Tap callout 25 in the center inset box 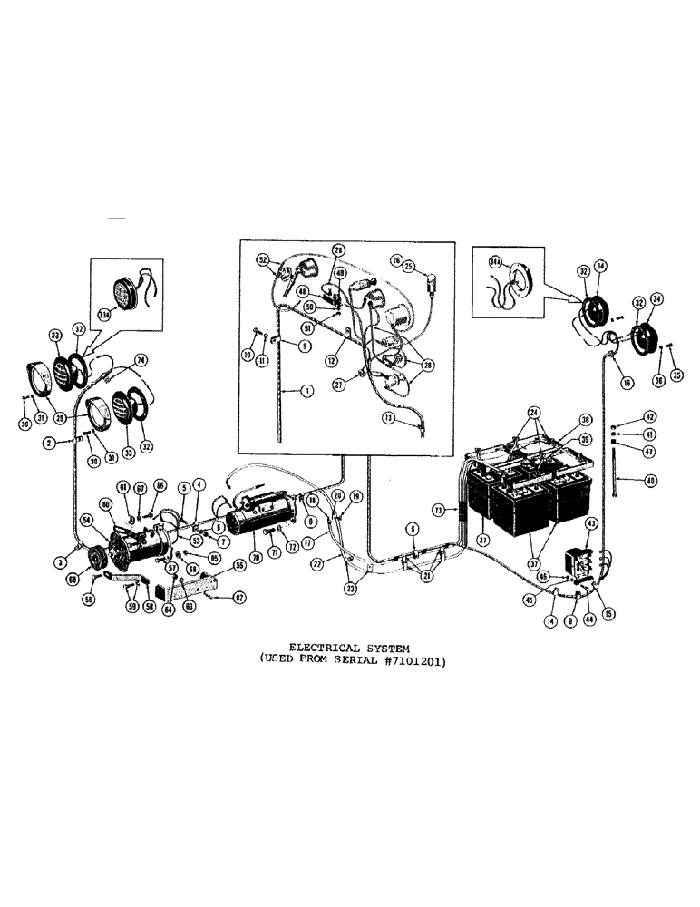point(409,267)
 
